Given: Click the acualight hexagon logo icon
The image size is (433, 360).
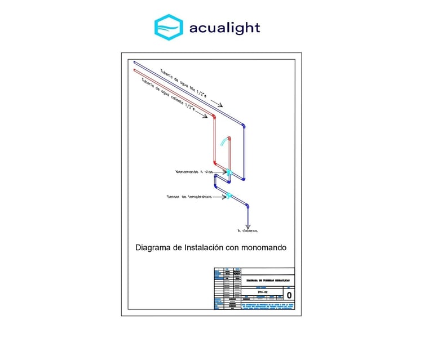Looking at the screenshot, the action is (x=169, y=27).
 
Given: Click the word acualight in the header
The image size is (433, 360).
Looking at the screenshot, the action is (x=224, y=28).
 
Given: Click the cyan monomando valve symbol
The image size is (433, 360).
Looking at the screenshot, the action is (x=229, y=171).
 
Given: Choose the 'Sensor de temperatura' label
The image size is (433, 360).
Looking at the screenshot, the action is (x=189, y=197).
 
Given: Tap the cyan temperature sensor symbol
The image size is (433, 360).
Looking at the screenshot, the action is (x=229, y=195).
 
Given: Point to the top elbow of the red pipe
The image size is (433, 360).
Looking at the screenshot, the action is (x=214, y=117).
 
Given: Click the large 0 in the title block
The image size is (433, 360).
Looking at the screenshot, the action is (x=289, y=295).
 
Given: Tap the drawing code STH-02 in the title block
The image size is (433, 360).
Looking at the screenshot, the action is (x=262, y=292).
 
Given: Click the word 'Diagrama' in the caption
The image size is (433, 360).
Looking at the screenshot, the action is (x=153, y=247).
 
